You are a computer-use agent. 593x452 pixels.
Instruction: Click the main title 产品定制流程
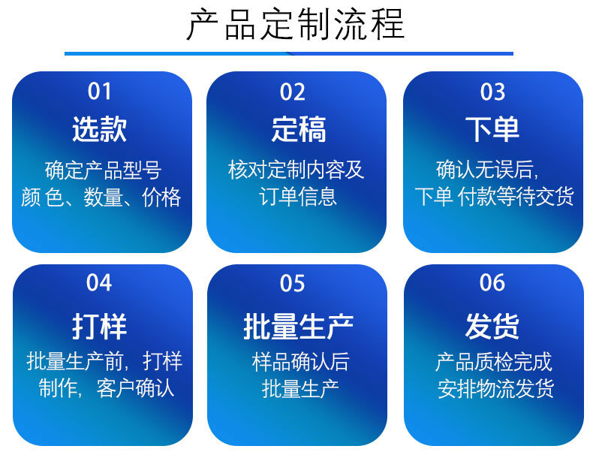pos(296,25)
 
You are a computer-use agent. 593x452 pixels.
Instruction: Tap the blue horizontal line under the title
pos(289,54)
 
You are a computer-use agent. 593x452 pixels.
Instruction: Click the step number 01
pos(100,92)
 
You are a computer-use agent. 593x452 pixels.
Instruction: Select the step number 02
pos(292,92)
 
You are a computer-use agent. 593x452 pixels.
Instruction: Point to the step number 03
pos(492,92)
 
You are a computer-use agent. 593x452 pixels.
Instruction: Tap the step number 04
pos(99,282)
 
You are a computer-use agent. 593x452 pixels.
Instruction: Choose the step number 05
pos(292,283)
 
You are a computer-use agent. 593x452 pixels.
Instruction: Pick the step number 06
pos(492,282)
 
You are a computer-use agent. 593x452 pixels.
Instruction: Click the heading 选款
pos(100,129)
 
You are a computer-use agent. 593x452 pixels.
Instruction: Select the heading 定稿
pos(299,129)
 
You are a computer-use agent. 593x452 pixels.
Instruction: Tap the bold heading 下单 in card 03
pos(492,129)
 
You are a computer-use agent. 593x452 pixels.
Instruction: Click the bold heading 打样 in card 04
pos(100,326)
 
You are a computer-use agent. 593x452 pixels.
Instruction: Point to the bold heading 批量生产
pos(299,326)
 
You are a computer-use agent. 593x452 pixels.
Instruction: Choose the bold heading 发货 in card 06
pos(492,326)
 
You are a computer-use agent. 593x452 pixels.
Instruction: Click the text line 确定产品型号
pos(104,170)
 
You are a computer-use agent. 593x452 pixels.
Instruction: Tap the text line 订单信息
pos(298,197)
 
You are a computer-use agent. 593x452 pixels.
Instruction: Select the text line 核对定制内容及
pos(296,170)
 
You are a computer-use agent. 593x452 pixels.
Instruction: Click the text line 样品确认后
pos(301,362)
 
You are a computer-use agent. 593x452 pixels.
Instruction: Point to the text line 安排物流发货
pos(496,388)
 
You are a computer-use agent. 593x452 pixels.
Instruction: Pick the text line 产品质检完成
pos(493,362)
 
